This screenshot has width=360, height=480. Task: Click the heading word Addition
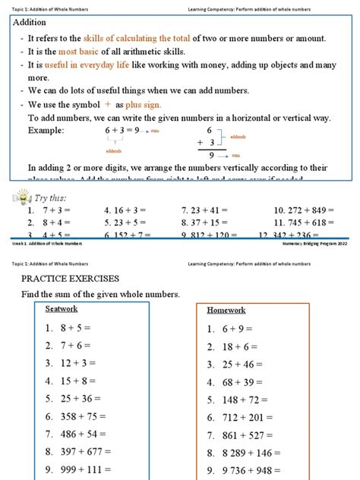(x=32, y=23)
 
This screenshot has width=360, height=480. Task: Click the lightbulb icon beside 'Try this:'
(x=21, y=199)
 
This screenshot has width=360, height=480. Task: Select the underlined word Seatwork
(x=62, y=309)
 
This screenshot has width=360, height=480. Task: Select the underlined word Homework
(x=226, y=310)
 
